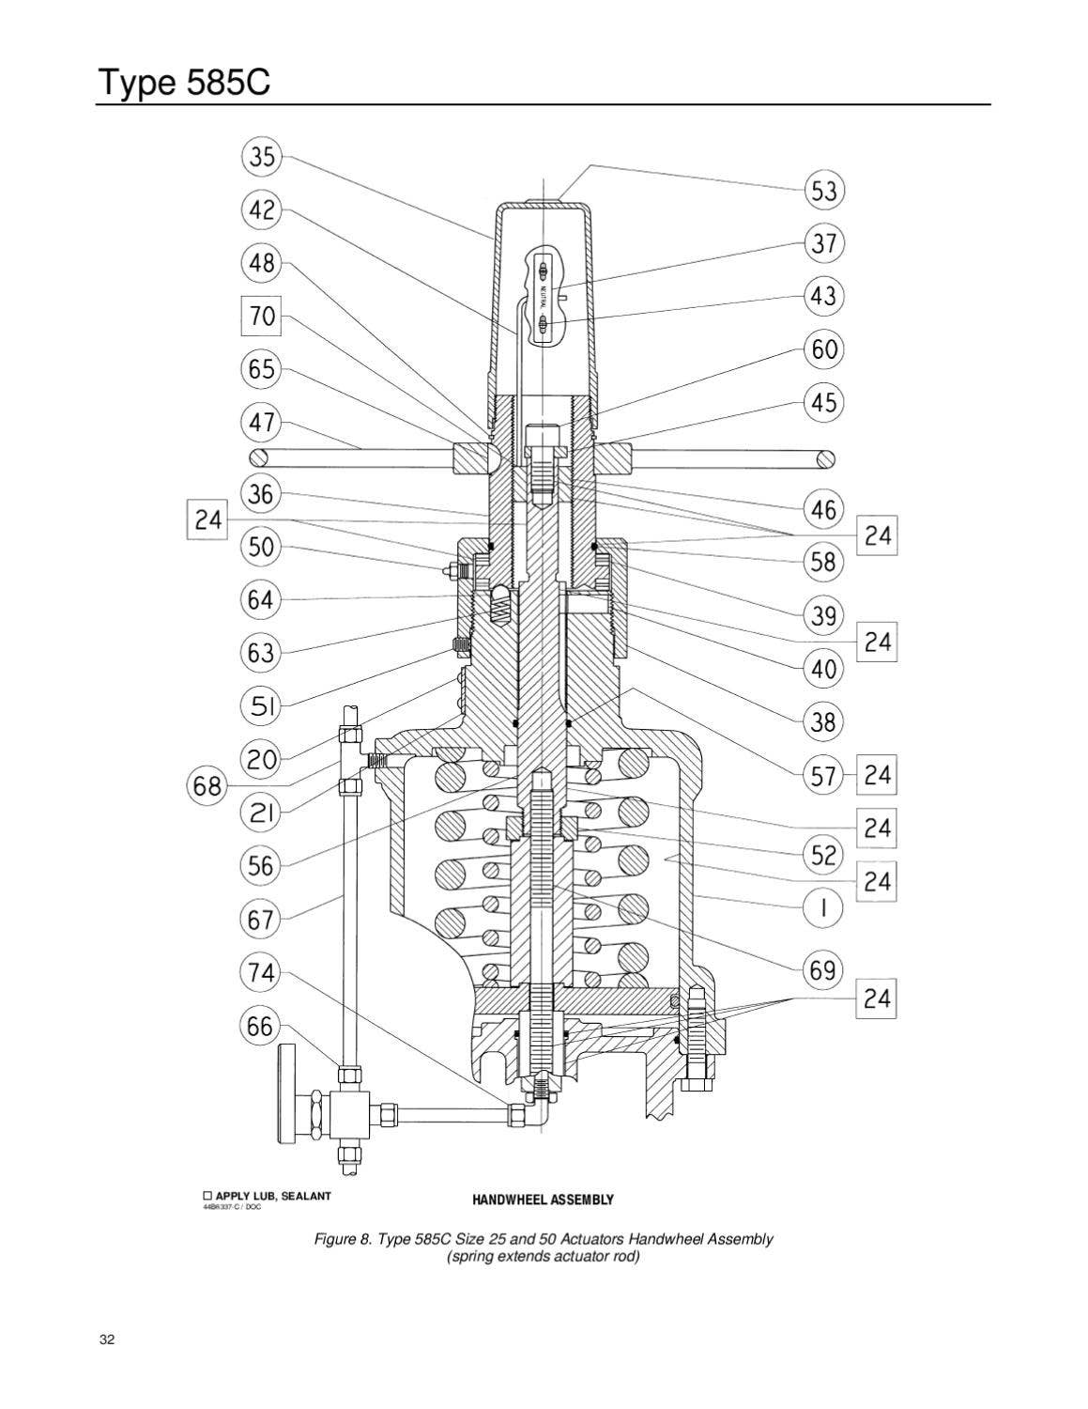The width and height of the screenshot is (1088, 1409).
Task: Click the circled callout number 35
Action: coord(263,157)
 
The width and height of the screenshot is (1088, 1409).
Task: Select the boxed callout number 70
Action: coord(262,316)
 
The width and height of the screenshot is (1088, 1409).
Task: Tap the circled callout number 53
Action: coord(823,192)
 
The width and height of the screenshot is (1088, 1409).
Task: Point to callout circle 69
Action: coord(823,969)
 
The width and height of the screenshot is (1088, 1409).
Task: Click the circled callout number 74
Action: coord(262,972)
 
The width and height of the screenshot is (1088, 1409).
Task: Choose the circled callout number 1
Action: coord(823,908)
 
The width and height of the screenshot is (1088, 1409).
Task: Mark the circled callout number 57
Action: coord(823,776)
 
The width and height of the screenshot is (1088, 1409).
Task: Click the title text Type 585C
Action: coord(183,84)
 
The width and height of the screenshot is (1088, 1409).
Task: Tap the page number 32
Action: coord(106,1339)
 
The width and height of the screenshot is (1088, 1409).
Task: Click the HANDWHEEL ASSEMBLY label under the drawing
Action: coord(543,1200)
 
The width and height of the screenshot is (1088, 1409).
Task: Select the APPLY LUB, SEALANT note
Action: coord(268,1196)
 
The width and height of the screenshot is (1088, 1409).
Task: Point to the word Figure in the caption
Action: coord(334,1239)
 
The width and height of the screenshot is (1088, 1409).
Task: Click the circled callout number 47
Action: coord(262,422)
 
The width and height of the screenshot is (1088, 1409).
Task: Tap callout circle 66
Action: coord(262,1026)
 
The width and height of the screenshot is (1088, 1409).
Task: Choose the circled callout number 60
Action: coord(823,349)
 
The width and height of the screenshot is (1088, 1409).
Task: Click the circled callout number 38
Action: coord(823,722)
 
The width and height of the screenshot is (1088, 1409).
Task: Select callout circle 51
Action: coord(262,704)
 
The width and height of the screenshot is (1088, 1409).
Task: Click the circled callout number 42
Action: coord(262,209)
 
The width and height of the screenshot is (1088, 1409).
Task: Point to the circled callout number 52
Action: coord(823,855)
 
